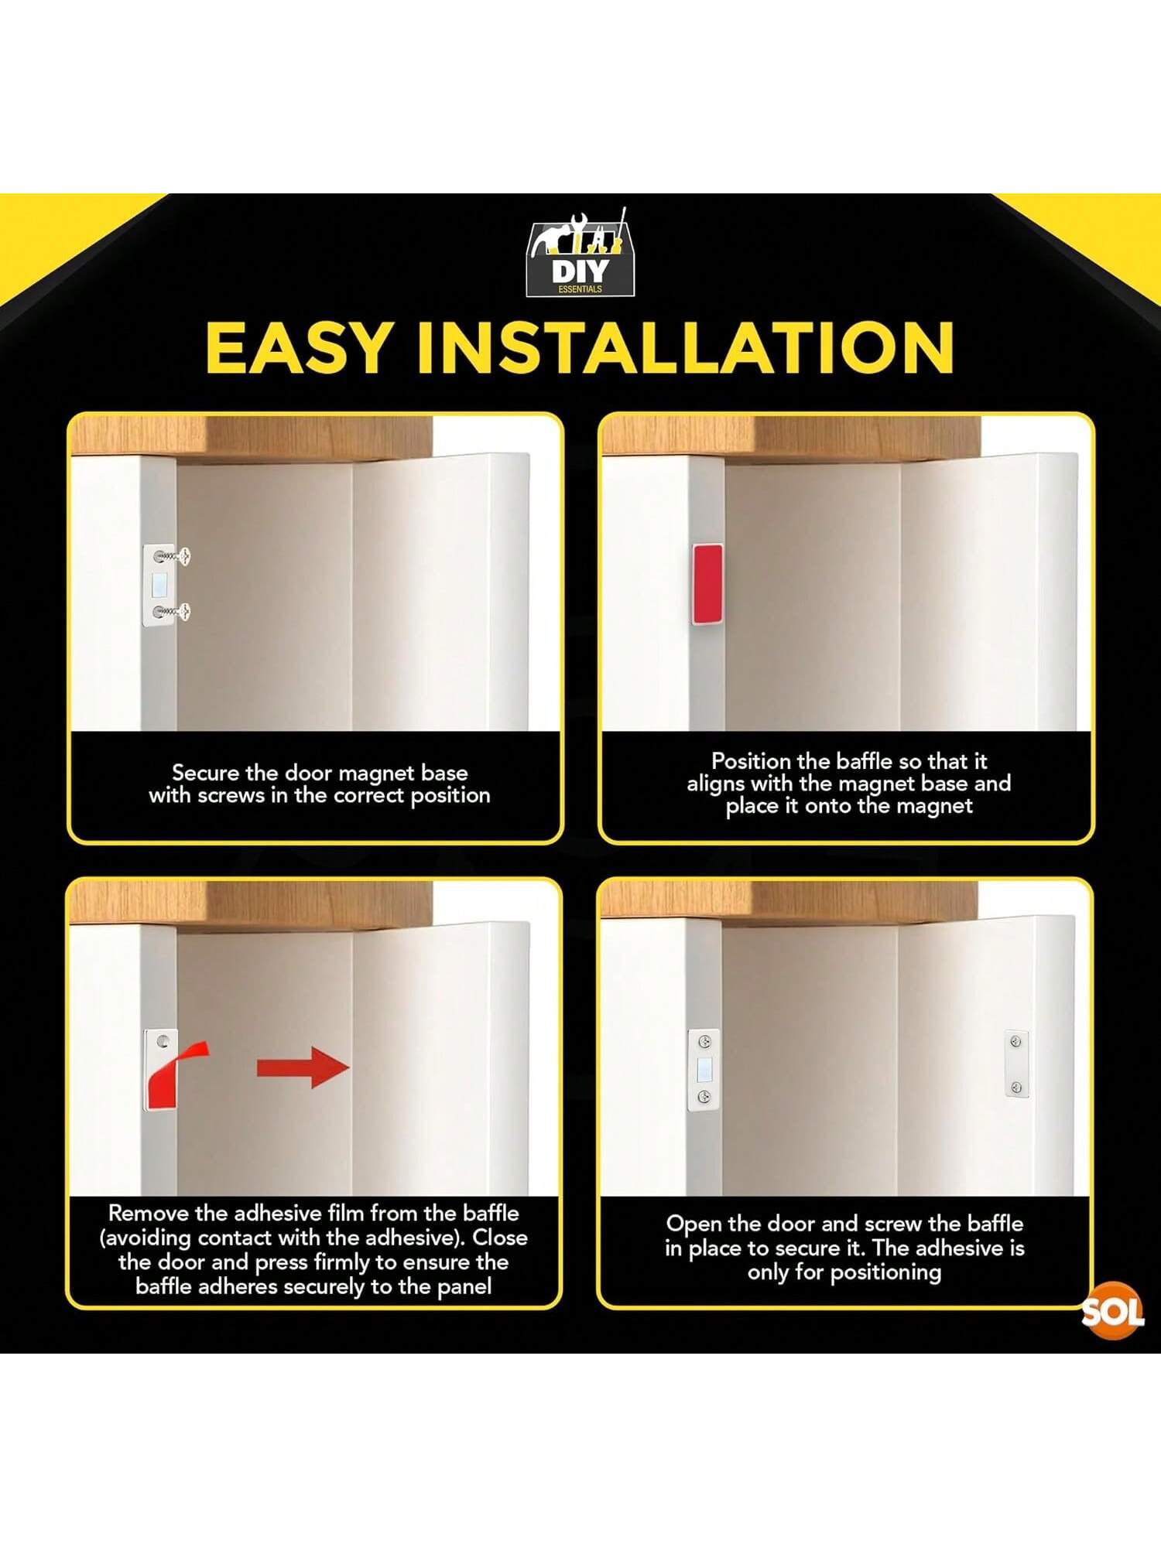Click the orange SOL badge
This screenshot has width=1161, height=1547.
(x=1112, y=1312)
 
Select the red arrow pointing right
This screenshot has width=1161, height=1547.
(x=303, y=1067)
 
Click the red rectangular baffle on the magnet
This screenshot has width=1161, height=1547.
(x=707, y=584)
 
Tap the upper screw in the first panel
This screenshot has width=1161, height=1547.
(x=172, y=555)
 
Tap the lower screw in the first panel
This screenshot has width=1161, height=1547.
(x=172, y=613)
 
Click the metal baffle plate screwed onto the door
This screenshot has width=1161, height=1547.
(x=1016, y=1064)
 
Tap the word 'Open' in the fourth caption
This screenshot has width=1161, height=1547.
(x=694, y=1224)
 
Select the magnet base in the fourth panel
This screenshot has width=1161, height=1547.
(x=704, y=1070)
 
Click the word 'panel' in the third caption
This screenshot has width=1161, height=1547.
(x=464, y=1286)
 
